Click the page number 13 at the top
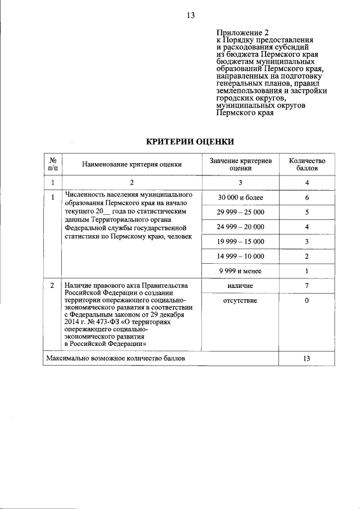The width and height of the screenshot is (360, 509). pyautogui.click(x=191, y=15)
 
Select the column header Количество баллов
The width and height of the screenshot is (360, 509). pyautogui.click(x=307, y=164)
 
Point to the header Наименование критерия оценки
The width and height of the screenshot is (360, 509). pyautogui.click(x=132, y=165)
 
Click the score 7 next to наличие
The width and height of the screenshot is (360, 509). pyautogui.click(x=307, y=286)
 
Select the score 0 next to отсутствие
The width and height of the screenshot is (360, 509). pyautogui.click(x=307, y=301)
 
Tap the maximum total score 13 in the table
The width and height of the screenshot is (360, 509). pyautogui.click(x=307, y=358)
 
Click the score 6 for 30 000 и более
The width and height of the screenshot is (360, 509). pyautogui.click(x=307, y=198)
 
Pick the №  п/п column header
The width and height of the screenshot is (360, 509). pyautogui.click(x=52, y=164)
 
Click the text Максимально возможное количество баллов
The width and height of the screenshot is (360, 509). pyautogui.click(x=115, y=358)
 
